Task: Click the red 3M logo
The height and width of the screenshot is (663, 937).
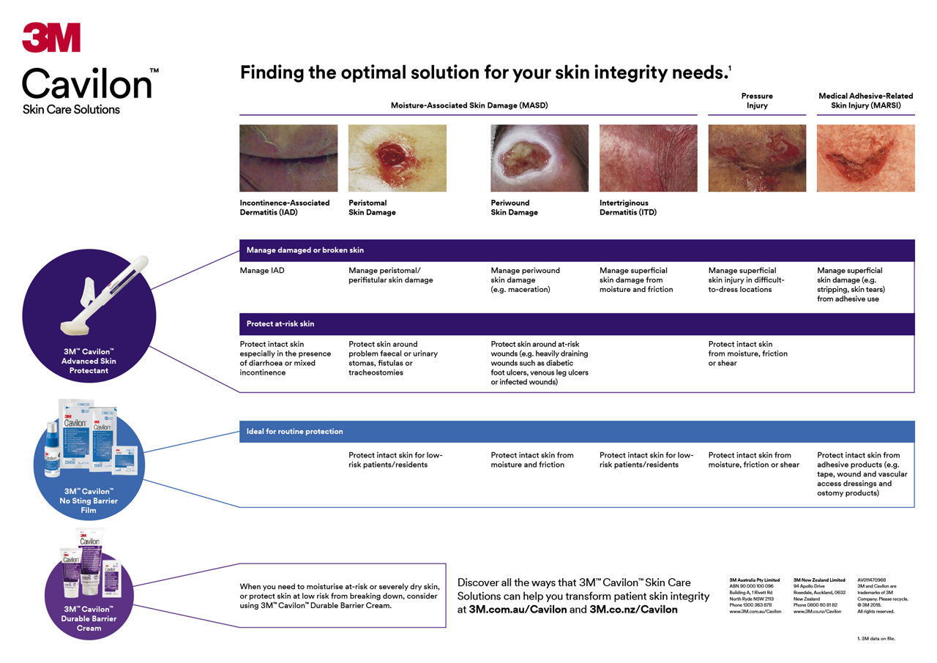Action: point(51,37)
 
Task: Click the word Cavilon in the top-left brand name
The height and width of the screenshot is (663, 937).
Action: point(86,83)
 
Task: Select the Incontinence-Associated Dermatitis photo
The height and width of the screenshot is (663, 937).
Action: point(288,158)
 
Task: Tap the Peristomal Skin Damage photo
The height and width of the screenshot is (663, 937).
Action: point(397,158)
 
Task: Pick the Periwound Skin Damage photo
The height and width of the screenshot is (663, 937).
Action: point(539,158)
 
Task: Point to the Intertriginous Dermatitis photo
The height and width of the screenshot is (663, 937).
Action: point(648,158)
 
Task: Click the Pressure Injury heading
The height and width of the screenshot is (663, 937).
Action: point(757,100)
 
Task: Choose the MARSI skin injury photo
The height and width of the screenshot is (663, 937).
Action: point(865,158)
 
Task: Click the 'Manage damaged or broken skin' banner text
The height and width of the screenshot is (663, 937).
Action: point(305,250)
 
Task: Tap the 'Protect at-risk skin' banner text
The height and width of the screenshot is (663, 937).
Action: point(280,323)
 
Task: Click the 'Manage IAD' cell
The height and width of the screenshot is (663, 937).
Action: point(262,271)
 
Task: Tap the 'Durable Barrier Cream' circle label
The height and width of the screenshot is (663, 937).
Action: point(88,618)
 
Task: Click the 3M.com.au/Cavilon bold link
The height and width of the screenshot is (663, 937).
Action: point(518,610)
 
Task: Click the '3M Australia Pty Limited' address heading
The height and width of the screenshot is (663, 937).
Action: point(755,580)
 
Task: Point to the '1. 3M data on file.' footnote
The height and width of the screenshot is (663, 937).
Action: point(876,639)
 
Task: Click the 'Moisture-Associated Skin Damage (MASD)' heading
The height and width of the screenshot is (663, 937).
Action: point(469,105)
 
